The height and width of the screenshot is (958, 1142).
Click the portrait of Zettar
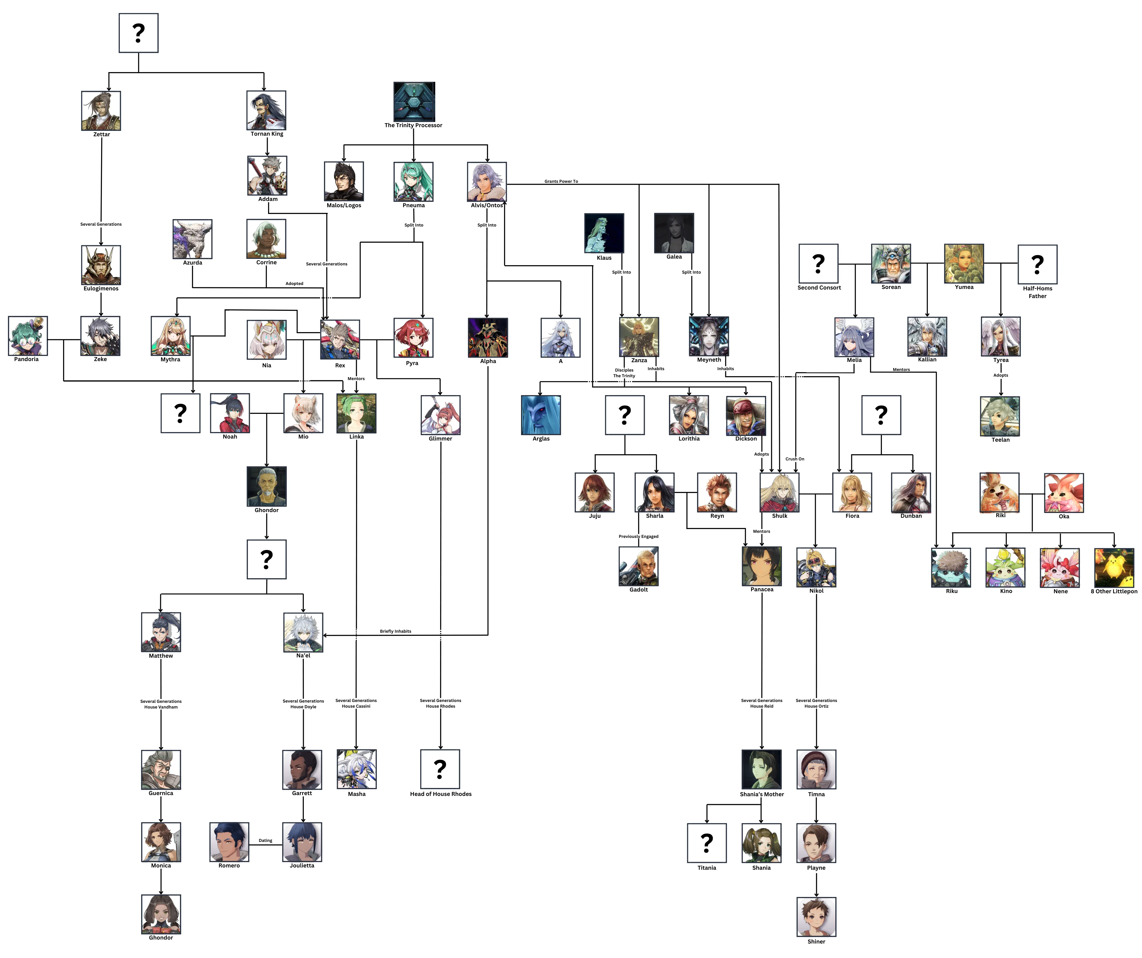tap(101, 111)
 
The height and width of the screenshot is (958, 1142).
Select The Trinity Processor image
tap(414, 102)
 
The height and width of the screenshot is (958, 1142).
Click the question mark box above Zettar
tap(139, 33)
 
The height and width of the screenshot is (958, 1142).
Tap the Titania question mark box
tap(706, 843)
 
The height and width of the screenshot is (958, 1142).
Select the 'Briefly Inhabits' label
tap(395, 631)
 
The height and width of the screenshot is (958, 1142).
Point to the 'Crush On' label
tap(794, 459)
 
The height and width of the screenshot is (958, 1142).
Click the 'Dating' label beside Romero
tap(265, 840)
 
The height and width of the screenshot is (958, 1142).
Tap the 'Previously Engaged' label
tap(638, 537)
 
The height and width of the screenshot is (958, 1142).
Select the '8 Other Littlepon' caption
tap(1114, 592)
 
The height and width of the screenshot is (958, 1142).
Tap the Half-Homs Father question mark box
tap(1037, 264)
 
